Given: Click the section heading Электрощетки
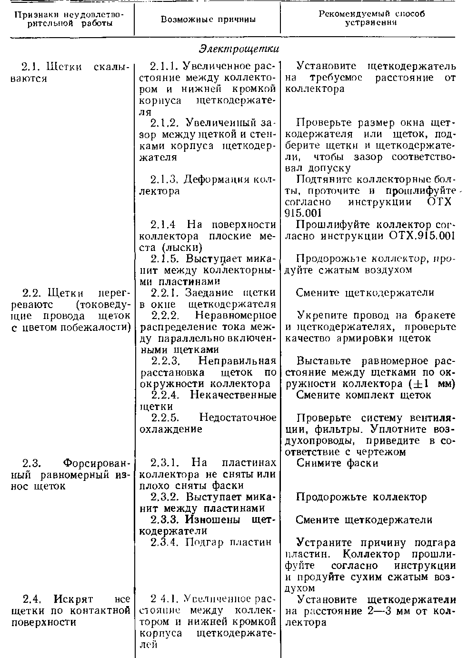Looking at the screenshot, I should (x=239, y=49).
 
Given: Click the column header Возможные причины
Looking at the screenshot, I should (x=208, y=20).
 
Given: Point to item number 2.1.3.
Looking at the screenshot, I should (x=164, y=179).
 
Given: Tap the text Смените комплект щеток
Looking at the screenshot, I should (x=364, y=395).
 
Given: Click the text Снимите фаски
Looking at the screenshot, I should (x=337, y=463).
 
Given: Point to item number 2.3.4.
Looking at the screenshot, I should (x=165, y=542).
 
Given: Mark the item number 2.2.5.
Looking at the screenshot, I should (x=165, y=418).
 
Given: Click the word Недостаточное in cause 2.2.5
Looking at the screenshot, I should (x=238, y=418).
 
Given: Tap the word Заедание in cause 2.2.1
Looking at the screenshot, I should (x=209, y=292).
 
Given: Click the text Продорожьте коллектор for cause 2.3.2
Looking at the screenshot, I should (x=361, y=497).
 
